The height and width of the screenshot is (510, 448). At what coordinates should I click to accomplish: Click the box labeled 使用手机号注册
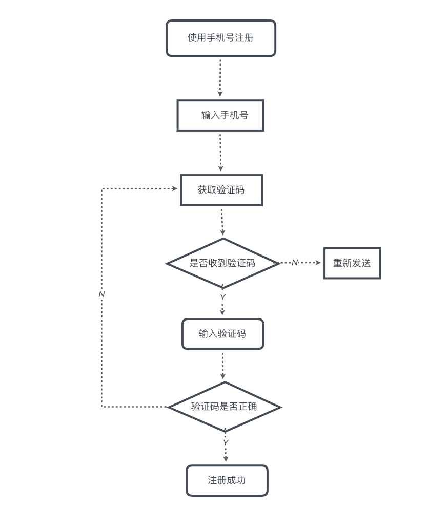coord(221,38)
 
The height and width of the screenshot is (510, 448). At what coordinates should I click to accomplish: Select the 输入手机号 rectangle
coord(220,115)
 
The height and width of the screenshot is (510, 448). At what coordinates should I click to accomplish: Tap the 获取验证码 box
coord(221,190)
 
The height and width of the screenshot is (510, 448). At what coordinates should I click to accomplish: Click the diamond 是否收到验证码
coord(222,263)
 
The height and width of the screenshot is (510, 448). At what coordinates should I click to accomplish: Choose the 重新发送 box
coord(352,263)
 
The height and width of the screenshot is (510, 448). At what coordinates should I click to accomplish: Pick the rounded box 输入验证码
coord(222,334)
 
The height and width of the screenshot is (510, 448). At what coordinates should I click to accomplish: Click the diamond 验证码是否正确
coord(224,407)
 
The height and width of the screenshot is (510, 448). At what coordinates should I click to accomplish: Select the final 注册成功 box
coord(227,480)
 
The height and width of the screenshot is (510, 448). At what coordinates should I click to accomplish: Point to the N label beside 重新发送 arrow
coord(294,263)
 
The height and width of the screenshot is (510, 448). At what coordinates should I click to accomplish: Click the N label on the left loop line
coord(101,294)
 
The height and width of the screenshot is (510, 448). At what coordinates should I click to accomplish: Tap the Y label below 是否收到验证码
coord(222,297)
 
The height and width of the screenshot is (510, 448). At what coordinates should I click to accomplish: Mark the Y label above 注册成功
coord(226,442)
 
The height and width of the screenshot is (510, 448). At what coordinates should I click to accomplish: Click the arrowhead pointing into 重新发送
coord(318,263)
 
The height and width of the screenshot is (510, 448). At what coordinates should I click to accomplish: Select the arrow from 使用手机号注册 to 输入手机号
coord(220,77)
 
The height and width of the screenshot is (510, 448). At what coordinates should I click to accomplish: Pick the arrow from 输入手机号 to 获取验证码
coord(220,152)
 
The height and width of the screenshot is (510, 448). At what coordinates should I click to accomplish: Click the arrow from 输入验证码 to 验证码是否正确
coord(222,365)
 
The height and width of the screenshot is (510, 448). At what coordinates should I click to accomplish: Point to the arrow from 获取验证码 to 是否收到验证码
coord(222,221)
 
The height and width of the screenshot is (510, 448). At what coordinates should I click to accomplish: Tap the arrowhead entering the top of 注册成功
coord(226,459)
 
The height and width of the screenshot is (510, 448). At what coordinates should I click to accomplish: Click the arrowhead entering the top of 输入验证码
coord(222,312)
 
